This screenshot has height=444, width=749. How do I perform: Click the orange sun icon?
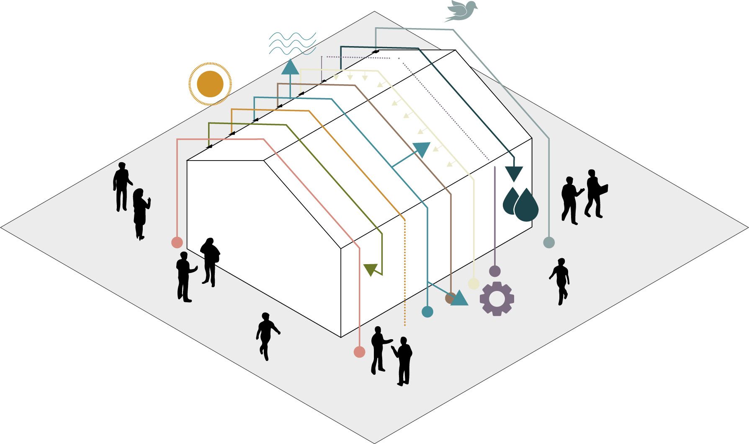[210, 84]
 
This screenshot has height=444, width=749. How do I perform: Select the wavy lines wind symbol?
[292, 44]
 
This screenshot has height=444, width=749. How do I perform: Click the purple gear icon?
[497, 299]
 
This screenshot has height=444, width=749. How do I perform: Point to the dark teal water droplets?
[521, 204]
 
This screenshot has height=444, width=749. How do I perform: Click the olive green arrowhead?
[371, 269]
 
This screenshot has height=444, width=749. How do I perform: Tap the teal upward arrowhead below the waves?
[290, 68]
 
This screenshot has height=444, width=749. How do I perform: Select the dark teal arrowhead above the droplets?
[514, 173]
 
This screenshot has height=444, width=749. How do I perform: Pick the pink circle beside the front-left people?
[177, 242]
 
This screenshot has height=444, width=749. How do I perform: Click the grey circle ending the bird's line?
[548, 242]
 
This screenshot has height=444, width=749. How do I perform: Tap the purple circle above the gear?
[495, 271]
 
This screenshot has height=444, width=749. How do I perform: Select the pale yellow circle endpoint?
[474, 283]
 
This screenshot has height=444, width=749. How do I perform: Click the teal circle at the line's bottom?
[427, 312]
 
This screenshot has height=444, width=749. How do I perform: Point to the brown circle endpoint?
[450, 298]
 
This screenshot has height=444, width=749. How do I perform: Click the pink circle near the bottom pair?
[359, 352]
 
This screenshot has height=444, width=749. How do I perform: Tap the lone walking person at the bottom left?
[266, 335]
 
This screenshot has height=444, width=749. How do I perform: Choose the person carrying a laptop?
[595, 193]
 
